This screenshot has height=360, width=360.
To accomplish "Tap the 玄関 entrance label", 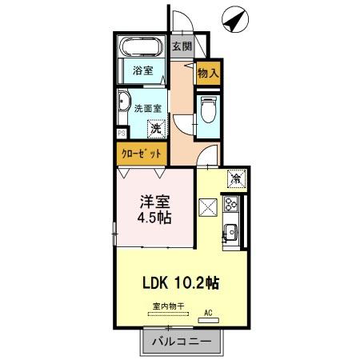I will click(x=182, y=46).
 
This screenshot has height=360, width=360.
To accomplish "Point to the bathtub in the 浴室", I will click(x=141, y=48).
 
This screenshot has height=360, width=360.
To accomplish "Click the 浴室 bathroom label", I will click(x=142, y=70).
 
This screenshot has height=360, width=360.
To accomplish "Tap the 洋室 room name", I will click(x=155, y=200).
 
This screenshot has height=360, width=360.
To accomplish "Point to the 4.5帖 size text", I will click(x=155, y=217).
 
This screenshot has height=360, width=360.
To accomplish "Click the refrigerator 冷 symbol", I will click(x=236, y=178).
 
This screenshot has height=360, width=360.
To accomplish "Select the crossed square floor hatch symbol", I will click(x=208, y=208).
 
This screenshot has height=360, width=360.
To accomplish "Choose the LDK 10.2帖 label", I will click(x=182, y=282).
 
